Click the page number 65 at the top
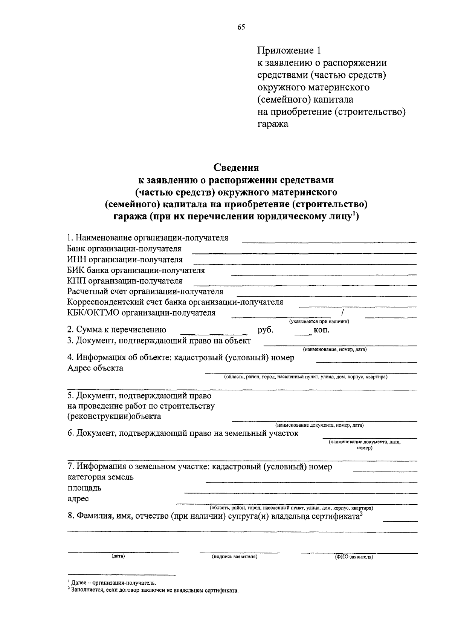(x=241, y=27)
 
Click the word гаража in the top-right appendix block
(x=273, y=124)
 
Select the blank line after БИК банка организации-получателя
(x=324, y=274)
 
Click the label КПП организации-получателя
(x=125, y=281)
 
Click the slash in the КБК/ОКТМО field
(x=342, y=312)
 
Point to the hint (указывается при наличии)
(x=319, y=322)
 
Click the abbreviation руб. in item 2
(x=265, y=330)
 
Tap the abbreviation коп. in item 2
(x=321, y=331)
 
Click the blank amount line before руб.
(x=214, y=334)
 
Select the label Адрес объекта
(x=95, y=368)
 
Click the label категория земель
(x=101, y=477)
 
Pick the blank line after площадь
(x=300, y=493)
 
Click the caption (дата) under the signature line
(x=118, y=556)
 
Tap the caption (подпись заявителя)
(x=234, y=556)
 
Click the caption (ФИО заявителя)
(x=354, y=557)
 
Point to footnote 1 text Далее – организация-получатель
(x=113, y=583)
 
